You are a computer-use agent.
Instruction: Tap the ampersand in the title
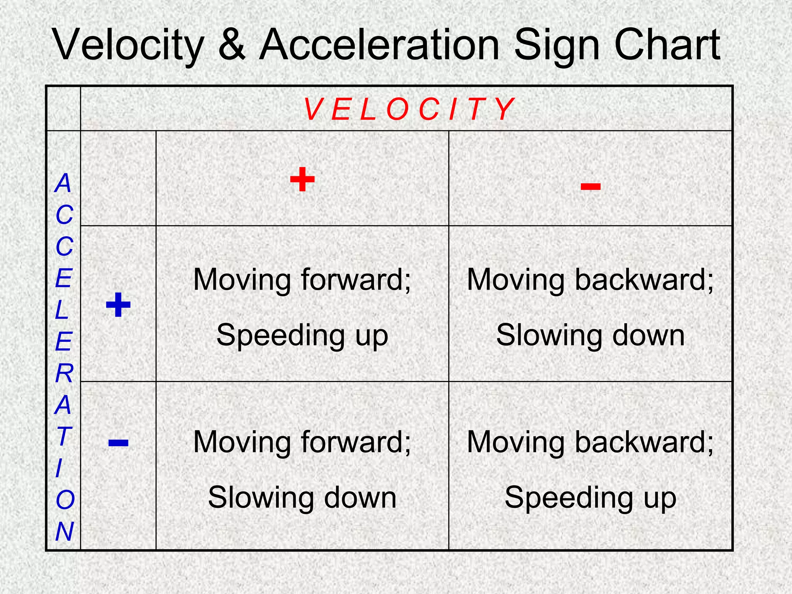point(232,45)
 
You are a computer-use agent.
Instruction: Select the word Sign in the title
point(557,46)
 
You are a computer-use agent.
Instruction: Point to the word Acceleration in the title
point(379,45)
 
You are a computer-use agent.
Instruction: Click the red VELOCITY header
point(409,109)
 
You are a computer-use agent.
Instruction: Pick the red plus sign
point(302,179)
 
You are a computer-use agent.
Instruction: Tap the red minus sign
point(591,187)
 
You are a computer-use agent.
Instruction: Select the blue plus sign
point(118,305)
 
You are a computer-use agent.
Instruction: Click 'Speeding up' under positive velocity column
point(302,335)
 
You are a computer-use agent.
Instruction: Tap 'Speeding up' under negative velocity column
point(590,498)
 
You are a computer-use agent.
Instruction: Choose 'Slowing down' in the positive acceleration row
point(590,335)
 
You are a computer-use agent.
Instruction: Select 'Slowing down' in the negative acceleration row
point(302,498)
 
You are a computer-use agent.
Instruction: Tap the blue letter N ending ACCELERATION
point(64,531)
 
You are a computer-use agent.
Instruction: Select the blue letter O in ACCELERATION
point(65,500)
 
